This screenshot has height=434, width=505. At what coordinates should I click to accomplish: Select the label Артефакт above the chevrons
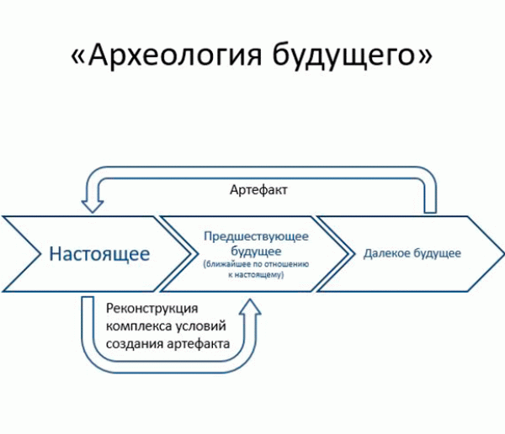[x=258, y=191]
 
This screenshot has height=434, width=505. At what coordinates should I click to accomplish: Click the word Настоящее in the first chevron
[x=99, y=253]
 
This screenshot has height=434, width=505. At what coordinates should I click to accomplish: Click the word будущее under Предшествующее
[x=253, y=251]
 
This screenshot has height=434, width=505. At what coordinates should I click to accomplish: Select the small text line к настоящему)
[x=253, y=274]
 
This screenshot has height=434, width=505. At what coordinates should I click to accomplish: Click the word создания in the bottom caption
[x=132, y=344]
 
